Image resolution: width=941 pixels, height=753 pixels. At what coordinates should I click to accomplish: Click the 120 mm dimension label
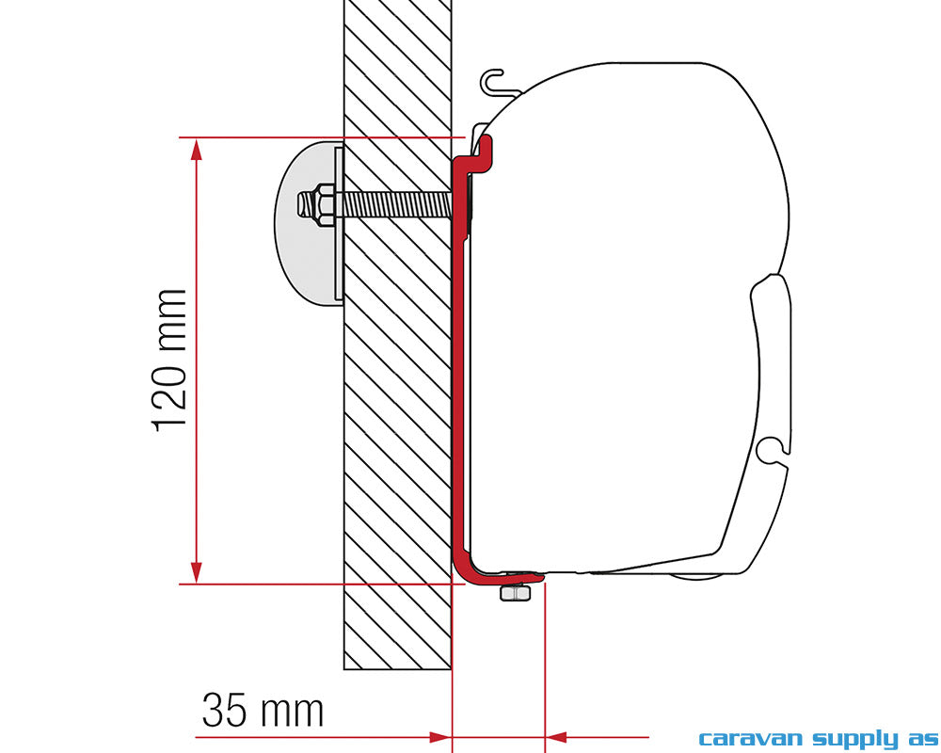pyautogui.click(x=171, y=360)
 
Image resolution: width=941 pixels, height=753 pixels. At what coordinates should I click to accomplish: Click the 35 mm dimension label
pyautogui.click(x=263, y=711)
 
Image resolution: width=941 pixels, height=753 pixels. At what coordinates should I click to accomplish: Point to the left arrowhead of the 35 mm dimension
pyautogui.click(x=439, y=735)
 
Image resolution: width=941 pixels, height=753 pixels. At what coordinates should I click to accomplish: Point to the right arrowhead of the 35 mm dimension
pyautogui.click(x=557, y=735)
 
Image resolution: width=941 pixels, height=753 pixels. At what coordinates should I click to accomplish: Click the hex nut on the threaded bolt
pyautogui.click(x=318, y=203)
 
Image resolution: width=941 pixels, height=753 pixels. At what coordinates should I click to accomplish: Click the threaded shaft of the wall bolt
pyautogui.click(x=395, y=203)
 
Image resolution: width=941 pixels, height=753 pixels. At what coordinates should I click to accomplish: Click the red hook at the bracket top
pyautogui.click(x=485, y=151)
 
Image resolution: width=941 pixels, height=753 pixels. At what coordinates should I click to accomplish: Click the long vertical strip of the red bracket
pyautogui.click(x=460, y=376)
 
